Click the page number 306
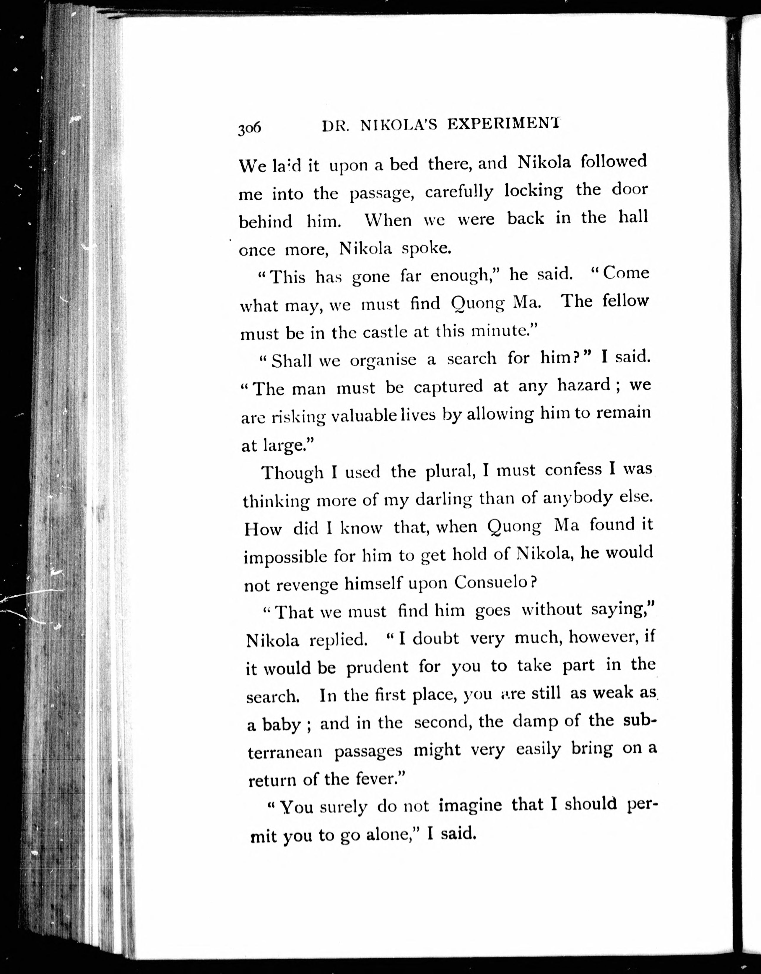[249, 129]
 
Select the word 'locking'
[534, 191]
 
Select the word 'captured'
[448, 387]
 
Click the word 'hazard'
[583, 384]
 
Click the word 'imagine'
[470, 806]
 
